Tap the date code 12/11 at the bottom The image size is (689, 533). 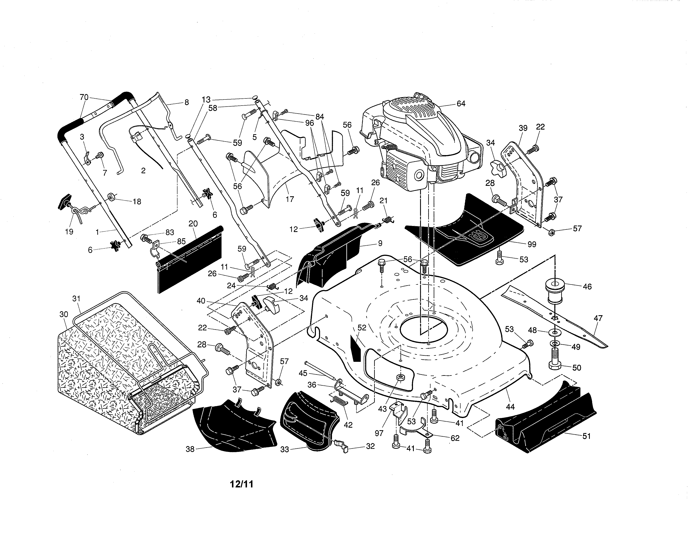pyautogui.click(x=242, y=484)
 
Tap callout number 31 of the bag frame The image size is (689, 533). pyautogui.click(x=76, y=298)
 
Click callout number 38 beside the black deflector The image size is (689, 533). pyautogui.click(x=190, y=449)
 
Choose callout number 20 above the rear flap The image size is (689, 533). pyautogui.click(x=193, y=224)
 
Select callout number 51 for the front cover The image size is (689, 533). pyautogui.click(x=586, y=436)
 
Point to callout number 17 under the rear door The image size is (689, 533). pyautogui.click(x=290, y=199)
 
